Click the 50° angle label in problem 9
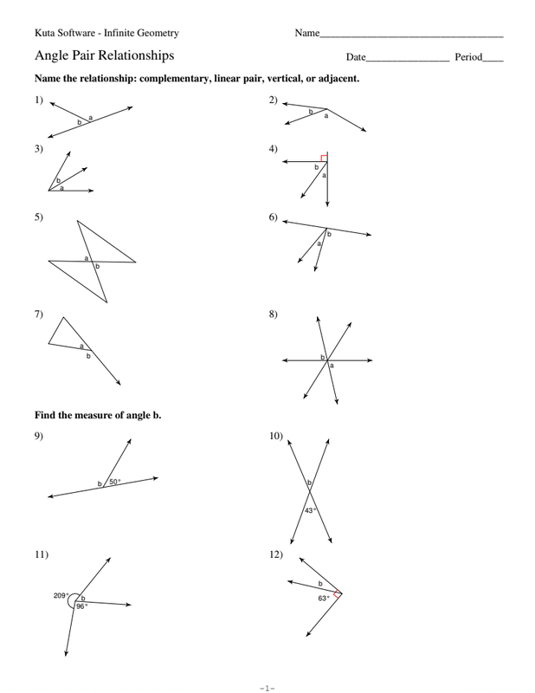click(113, 482)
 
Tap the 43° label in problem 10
click(311, 510)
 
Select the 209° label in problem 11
click(61, 595)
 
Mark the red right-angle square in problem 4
click(324, 158)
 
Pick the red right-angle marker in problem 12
click(338, 594)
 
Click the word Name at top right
click(306, 34)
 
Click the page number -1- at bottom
click(267, 685)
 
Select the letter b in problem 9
click(100, 483)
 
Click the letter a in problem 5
click(87, 257)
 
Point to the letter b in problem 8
click(323, 357)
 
